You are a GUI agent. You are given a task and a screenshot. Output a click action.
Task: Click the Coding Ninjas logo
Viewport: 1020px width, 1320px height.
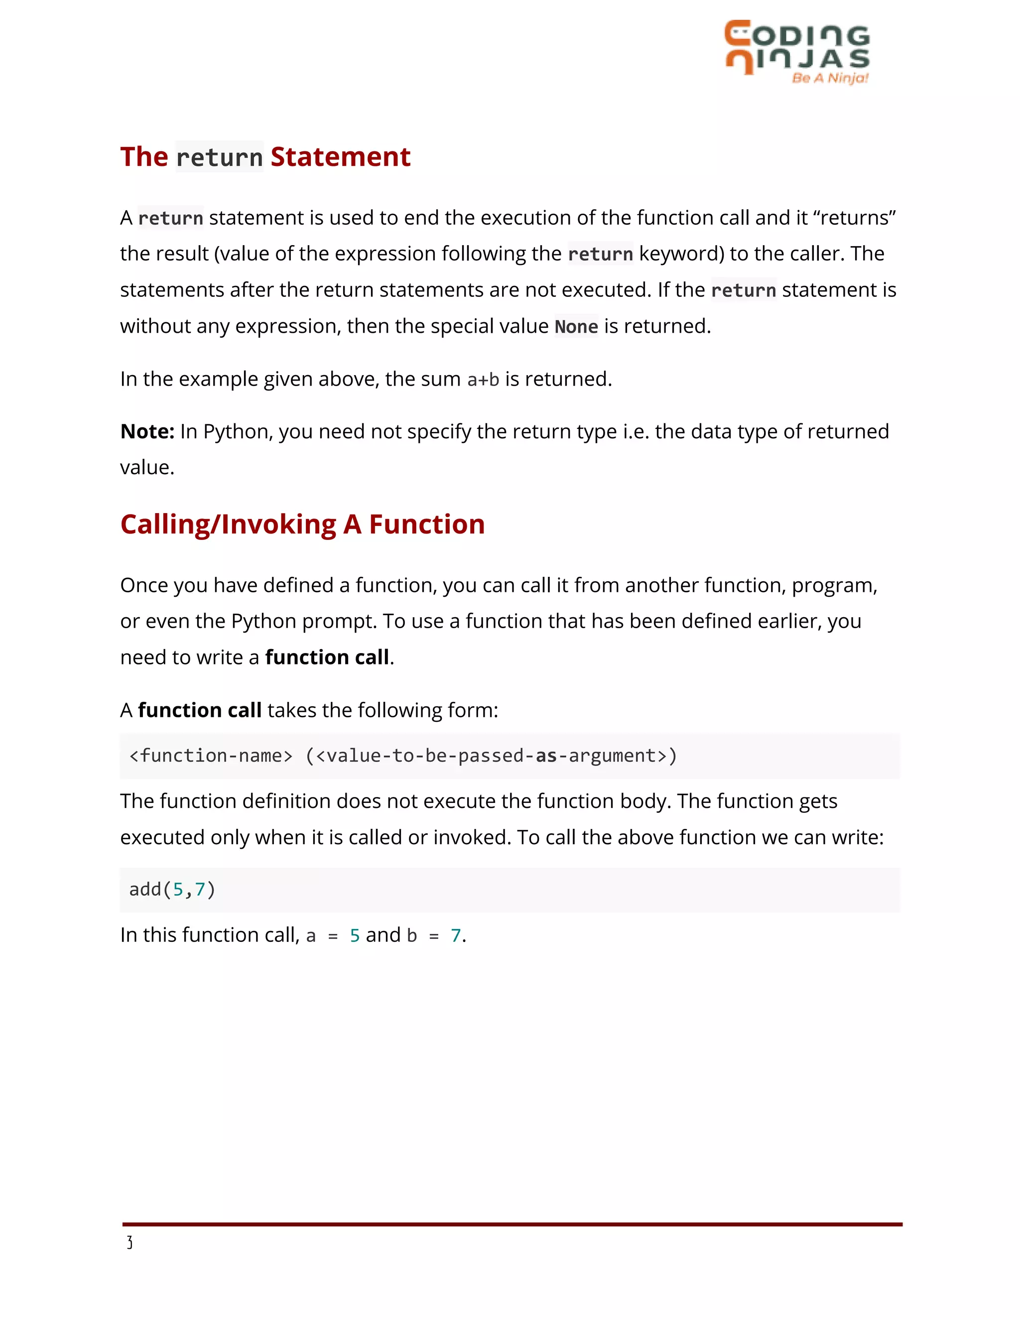pos(796,48)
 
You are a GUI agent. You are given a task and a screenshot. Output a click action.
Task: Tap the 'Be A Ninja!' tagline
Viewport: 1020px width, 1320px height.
pos(830,78)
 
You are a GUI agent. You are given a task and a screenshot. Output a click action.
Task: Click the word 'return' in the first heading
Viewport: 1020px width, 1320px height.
pos(219,157)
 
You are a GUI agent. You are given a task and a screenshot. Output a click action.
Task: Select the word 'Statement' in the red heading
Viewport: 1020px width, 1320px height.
pos(340,157)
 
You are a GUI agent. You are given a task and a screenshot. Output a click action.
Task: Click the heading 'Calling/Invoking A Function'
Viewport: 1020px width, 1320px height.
pos(302,524)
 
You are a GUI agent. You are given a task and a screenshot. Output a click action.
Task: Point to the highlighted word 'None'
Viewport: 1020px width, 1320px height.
pos(576,326)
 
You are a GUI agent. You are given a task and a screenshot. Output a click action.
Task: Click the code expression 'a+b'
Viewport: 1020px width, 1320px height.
pos(483,380)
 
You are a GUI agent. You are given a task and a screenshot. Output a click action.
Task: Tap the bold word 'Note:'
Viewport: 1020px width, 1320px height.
pos(147,431)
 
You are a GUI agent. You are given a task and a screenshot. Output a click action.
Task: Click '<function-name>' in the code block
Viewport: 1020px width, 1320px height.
pos(211,756)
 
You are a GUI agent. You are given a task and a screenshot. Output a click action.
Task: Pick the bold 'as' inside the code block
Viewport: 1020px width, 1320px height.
pos(546,756)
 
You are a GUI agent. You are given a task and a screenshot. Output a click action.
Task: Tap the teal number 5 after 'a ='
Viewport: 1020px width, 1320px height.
pos(355,935)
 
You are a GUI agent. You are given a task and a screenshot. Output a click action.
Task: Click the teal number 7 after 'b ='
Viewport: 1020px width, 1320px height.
pos(456,935)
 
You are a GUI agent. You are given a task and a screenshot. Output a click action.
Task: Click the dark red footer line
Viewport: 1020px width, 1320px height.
pos(512,1224)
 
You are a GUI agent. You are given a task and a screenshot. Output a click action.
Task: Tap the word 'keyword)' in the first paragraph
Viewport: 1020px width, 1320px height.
pos(681,254)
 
